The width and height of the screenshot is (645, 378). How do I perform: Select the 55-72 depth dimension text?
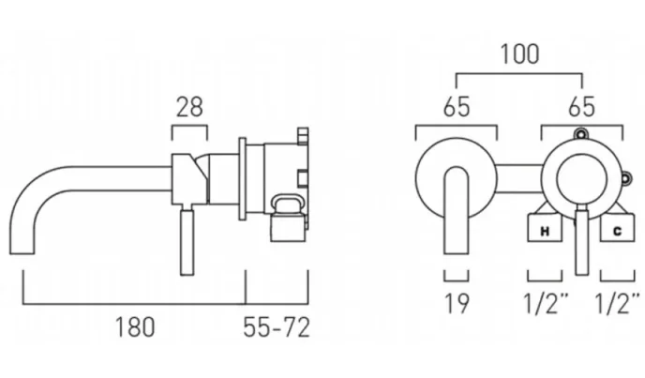(277, 327)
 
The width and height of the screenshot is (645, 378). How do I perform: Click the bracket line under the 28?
(190, 127)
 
